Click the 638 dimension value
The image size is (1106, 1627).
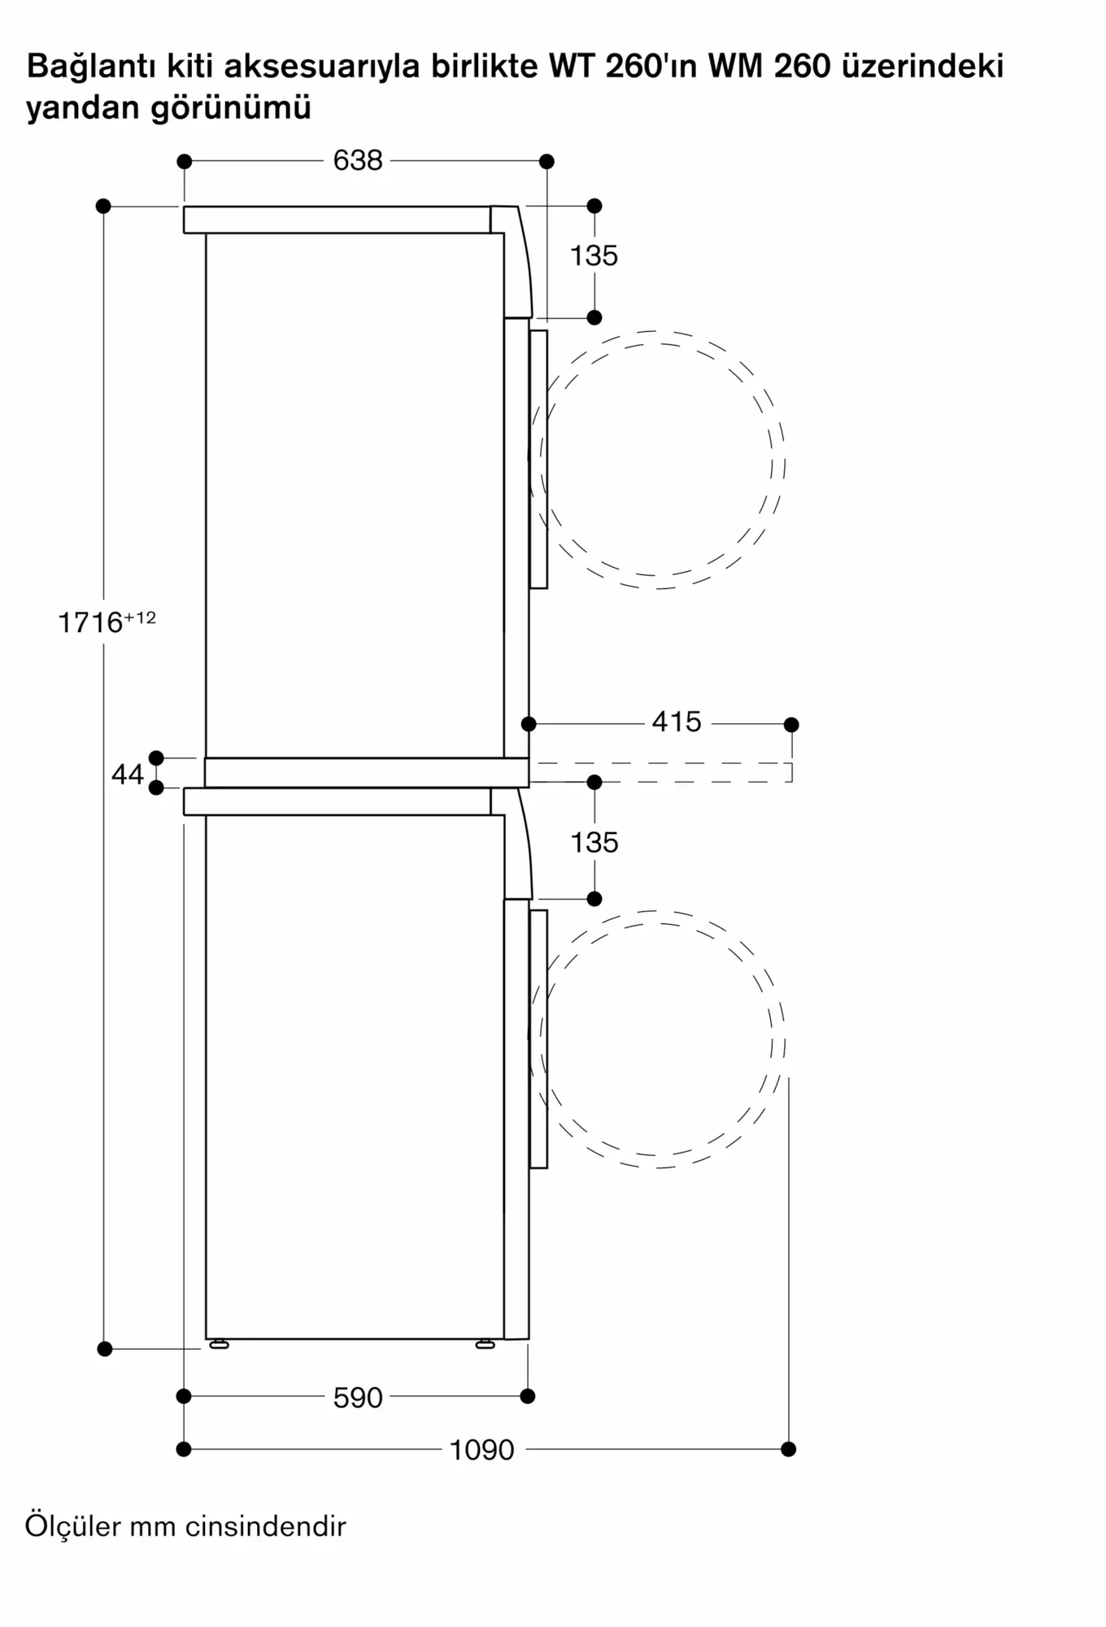coord(358,160)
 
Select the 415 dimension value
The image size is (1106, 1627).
coord(677,722)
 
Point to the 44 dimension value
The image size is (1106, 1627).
coord(127,774)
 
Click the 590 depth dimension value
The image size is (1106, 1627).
coord(358,1398)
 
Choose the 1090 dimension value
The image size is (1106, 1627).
coord(482,1450)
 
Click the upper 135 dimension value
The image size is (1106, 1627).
coord(594,255)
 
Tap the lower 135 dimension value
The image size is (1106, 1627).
coord(594,842)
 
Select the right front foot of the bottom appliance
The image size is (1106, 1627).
coord(486,1345)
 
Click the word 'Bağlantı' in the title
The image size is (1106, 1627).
coord(93,67)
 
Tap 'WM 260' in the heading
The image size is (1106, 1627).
coord(769,66)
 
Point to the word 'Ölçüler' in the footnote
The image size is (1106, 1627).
coord(72,1526)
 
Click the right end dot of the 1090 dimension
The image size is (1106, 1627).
coord(788,1449)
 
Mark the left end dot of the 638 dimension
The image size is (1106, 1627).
coord(185,161)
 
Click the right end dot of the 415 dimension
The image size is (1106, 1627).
coord(791,724)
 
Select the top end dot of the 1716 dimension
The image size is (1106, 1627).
coord(103,206)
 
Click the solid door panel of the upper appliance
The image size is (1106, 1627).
coord(538,459)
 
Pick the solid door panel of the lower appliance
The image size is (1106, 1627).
coord(538,1039)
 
